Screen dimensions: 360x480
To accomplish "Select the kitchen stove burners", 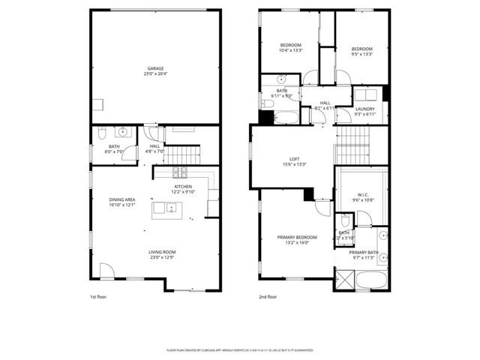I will tap(181, 173).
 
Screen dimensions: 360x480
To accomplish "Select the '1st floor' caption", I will tap(98, 297).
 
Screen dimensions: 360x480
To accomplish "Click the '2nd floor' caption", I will tap(267, 297).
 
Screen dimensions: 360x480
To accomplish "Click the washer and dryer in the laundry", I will tap(367, 94).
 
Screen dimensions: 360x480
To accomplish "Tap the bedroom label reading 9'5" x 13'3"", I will tap(361, 52).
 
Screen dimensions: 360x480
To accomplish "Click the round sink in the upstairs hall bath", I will tap(281, 78).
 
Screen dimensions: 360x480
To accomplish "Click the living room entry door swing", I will tap(108, 271).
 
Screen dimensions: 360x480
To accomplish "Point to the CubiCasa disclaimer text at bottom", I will tap(240, 350).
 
